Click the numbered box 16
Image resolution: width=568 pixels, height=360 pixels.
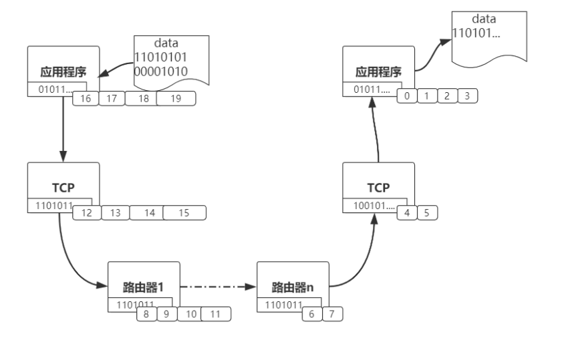coord(86,99)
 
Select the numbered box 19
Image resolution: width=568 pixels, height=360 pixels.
coord(176,99)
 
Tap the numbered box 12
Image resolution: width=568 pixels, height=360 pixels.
coord(86,212)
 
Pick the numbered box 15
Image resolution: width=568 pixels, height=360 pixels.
coord(184,212)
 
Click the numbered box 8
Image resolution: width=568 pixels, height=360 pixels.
coord(146,313)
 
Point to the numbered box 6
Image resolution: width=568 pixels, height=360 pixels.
coord(311,313)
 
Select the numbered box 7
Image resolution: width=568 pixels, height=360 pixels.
coord(332,313)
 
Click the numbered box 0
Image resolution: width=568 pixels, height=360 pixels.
coord(406,96)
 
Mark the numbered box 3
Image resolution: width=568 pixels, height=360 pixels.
coord(467,96)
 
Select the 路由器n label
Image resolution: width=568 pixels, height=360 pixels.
coord(293,287)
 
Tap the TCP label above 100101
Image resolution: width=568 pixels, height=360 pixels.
coord(379,188)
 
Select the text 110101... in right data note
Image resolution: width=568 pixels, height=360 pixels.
coord(476,33)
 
